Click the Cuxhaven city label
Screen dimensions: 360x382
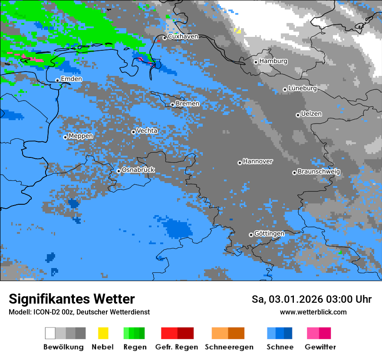click(x=183, y=36)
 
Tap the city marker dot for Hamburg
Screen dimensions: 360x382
click(x=256, y=62)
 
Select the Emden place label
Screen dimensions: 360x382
click(x=71, y=79)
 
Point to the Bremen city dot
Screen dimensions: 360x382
click(x=172, y=105)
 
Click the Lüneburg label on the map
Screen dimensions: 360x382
click(x=302, y=88)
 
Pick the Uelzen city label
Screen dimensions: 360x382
click(x=311, y=114)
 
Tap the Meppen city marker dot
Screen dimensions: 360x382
click(x=66, y=137)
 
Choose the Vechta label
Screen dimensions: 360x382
click(x=147, y=131)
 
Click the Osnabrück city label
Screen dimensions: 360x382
click(x=138, y=170)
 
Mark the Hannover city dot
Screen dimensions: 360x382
click(x=240, y=163)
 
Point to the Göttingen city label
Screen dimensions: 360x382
click(x=269, y=233)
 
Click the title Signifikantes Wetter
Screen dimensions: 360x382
click(x=72, y=299)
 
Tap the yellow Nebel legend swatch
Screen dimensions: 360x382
click(x=103, y=333)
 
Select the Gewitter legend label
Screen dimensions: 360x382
click(x=320, y=347)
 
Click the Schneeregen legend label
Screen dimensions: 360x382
click(x=229, y=347)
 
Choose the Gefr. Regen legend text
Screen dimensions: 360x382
click(x=177, y=347)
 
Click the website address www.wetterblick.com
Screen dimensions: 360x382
click(x=313, y=312)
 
